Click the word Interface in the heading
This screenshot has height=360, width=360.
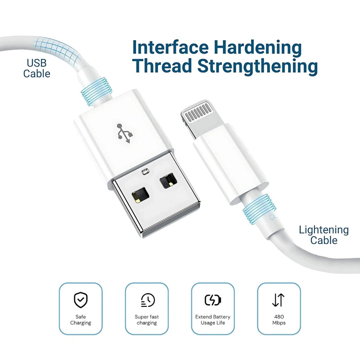pos(171,47)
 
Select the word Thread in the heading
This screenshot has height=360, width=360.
pos(162,66)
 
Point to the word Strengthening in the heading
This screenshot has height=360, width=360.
pos(257,67)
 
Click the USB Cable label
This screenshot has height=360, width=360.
pos(37,68)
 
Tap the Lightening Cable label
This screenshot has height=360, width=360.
pos(324,235)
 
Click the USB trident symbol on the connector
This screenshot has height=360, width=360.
pos(125,133)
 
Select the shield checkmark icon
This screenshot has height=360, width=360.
pos(81,300)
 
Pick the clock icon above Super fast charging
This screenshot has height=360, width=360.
pos(148,300)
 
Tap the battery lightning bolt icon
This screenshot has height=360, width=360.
pos(213,300)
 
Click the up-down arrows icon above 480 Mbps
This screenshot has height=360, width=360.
pos(279,300)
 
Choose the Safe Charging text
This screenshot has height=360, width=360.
pos(81,320)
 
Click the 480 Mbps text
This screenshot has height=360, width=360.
pos(279,320)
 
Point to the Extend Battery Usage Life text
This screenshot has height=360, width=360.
pos(213,320)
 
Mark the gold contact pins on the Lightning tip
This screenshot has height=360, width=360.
pos(198,112)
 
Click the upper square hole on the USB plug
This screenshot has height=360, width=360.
pos(168,180)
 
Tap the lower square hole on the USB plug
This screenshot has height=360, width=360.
pos(140,195)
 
